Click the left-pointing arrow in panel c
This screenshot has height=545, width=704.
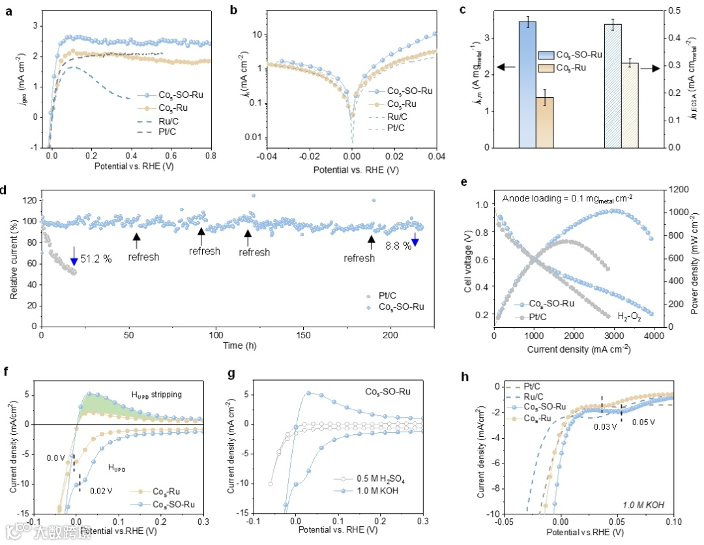[x=506, y=67]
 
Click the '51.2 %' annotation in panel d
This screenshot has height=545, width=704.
[x=96, y=259]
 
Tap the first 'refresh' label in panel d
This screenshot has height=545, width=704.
[x=143, y=257]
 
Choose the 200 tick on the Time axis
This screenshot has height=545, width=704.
[x=390, y=335]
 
